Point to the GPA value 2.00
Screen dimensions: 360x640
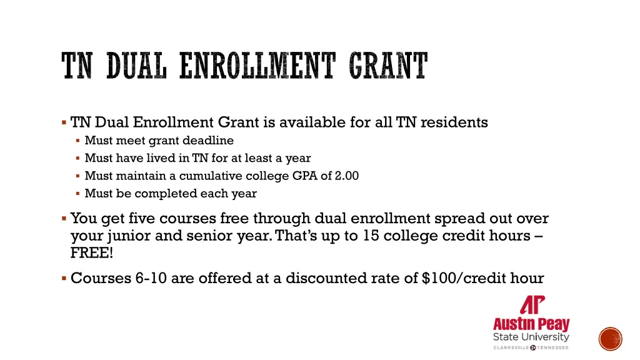point(347,176)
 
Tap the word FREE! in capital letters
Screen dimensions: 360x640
point(92,254)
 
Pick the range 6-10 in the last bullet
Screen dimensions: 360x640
point(151,278)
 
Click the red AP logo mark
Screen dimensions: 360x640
point(532,305)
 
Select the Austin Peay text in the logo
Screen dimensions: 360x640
point(531,324)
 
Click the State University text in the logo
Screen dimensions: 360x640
point(531,337)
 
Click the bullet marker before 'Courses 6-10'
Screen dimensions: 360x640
point(64,277)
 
